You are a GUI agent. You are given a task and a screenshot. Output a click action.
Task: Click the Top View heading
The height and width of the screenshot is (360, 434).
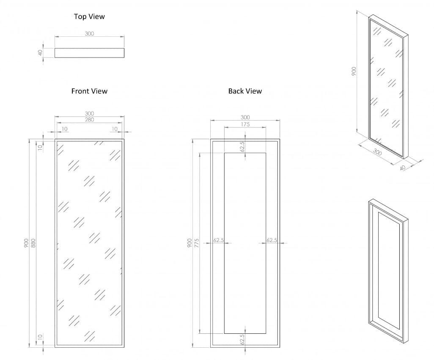coord(89,17)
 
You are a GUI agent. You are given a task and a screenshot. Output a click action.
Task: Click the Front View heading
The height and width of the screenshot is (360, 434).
coord(89,91)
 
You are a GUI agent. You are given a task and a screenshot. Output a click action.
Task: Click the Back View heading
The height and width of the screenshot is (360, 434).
coord(245,91)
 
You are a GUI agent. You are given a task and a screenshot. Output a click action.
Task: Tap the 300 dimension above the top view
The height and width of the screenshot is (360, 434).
coord(89,34)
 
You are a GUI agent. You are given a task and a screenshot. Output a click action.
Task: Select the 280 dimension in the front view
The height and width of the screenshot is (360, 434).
coord(89,120)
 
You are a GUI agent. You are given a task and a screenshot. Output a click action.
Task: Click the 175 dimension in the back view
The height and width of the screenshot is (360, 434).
coord(245,124)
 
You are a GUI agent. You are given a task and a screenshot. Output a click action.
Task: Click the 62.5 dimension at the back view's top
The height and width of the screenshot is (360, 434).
coord(242,146)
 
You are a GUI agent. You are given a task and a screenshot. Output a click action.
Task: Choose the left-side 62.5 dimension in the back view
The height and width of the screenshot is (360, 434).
coord(219,240)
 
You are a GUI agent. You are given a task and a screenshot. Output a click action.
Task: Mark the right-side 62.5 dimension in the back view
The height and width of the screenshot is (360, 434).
coord(272,240)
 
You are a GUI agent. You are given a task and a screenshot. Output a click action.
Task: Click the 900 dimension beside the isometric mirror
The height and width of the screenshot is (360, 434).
coord(354,71)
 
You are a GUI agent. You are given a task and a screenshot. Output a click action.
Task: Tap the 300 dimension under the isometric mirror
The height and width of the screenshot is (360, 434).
coord(377,152)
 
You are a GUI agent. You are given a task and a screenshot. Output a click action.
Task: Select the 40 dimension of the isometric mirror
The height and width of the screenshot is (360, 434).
coord(402,168)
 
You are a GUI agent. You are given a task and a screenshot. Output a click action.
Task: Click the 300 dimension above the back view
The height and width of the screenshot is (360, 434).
coord(245,118)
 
